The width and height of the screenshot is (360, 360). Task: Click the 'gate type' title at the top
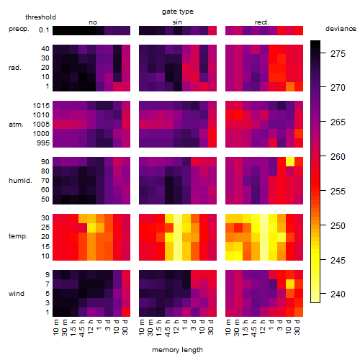(178, 12)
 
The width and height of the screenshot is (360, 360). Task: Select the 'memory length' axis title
(177, 350)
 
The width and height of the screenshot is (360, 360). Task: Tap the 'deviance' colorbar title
(341, 29)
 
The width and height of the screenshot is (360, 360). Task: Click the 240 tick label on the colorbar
(338, 294)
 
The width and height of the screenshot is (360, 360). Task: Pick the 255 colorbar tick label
(338, 192)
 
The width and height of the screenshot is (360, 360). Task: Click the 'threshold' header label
(40, 17)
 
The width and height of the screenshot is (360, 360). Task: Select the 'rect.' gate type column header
(262, 22)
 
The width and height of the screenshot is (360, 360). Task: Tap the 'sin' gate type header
(177, 22)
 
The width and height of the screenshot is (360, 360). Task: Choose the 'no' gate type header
(93, 22)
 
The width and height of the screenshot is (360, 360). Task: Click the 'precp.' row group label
(19, 29)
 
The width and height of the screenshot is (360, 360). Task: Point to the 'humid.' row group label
(20, 181)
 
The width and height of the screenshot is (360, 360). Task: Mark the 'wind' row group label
(17, 294)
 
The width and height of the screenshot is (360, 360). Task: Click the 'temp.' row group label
(18, 236)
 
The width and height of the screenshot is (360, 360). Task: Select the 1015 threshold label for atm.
(41, 106)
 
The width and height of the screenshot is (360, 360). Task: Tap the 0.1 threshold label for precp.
(44, 30)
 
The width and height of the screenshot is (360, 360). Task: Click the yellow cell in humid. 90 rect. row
(290, 162)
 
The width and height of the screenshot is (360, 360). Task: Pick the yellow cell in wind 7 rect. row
(290, 284)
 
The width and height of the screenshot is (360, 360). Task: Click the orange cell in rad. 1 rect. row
(290, 86)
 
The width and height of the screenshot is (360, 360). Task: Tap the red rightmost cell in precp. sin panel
(212, 30)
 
